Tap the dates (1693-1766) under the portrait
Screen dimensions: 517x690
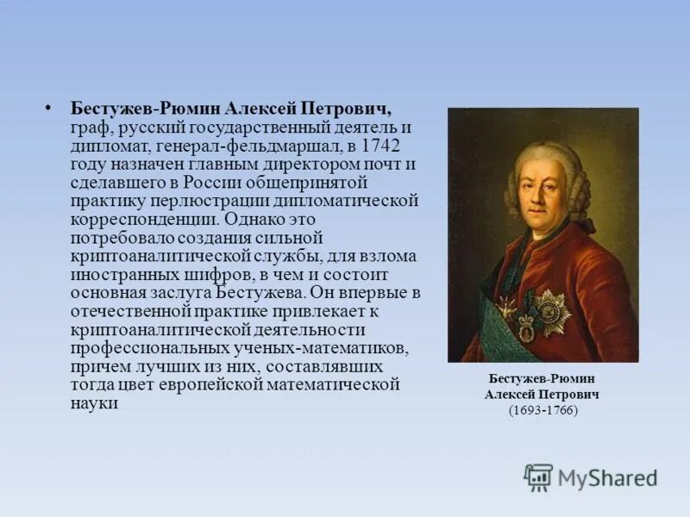coord(543,409)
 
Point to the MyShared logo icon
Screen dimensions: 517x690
coord(539,477)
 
